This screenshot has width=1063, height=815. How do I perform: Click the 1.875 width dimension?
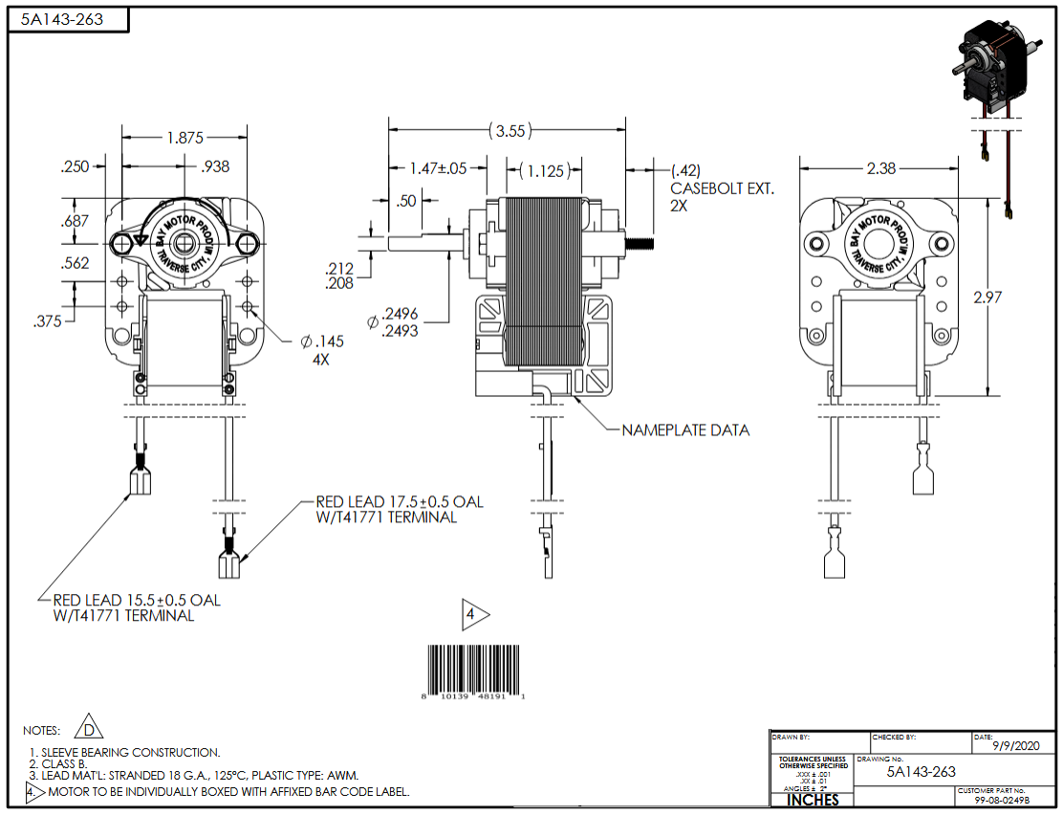[x=185, y=138]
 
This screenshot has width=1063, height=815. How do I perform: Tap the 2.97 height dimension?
[x=988, y=297]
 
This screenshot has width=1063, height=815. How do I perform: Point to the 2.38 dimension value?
[x=880, y=168]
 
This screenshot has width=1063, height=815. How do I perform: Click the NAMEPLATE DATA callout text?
[x=685, y=430]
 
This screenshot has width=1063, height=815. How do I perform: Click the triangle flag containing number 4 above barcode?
[x=474, y=615]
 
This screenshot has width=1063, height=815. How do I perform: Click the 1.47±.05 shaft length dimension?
[x=438, y=168]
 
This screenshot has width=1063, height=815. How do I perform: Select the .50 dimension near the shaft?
[x=407, y=201]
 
